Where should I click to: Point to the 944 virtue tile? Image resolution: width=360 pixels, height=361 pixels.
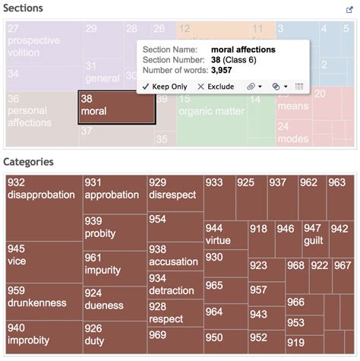[225, 235]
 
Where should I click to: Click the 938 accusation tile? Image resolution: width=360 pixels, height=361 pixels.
[174, 255]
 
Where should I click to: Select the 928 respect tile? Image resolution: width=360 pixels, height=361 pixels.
[174, 313]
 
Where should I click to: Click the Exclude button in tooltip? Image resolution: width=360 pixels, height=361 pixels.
[216, 87]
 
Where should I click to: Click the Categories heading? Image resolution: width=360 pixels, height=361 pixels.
[28, 161]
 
